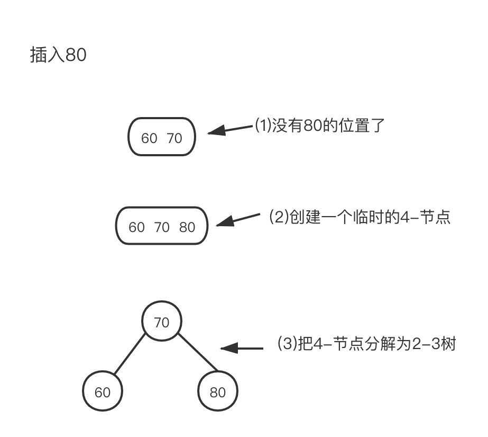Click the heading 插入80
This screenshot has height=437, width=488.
tap(58, 55)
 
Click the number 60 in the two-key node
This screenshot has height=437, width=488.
tap(149, 138)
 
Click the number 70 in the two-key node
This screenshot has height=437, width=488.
tap(174, 138)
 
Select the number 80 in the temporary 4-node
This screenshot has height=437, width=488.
tap(187, 227)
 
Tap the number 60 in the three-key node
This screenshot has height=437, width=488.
tap(136, 227)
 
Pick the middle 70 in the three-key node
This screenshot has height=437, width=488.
tap(162, 227)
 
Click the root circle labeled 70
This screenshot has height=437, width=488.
tap(161, 322)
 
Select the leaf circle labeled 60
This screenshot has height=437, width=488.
tap(103, 392)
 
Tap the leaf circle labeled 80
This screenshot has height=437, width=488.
tap(217, 392)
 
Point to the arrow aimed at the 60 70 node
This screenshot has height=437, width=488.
tap(229, 130)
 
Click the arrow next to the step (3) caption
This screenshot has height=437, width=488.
tap(241, 349)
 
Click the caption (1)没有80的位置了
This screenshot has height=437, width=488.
tap(319, 126)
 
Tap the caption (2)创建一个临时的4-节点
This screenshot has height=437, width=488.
tap(360, 217)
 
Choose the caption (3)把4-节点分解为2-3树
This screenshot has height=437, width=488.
tap(366, 344)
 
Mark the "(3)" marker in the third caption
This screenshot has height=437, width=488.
tap(286, 344)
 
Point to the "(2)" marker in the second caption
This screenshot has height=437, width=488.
tap(278, 217)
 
